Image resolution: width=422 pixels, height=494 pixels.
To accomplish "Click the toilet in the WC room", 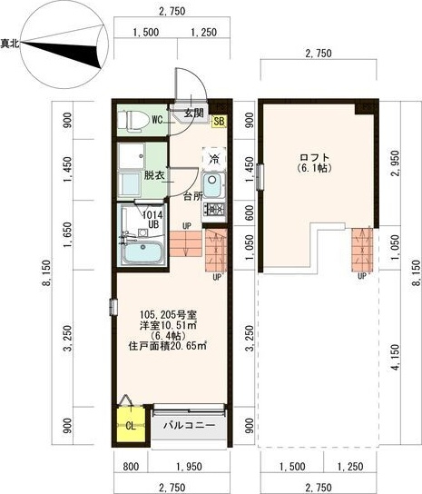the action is (x=133, y=120).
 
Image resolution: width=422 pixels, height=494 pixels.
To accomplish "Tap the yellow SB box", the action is (x=220, y=122).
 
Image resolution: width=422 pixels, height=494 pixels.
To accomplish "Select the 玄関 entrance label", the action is (x=194, y=113).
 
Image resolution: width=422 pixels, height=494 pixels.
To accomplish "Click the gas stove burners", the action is (x=214, y=209).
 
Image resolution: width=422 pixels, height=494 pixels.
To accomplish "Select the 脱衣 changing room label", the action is (x=154, y=175).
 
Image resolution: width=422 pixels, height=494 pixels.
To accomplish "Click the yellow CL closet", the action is (x=131, y=425).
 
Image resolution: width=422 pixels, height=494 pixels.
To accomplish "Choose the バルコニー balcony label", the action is (x=190, y=426).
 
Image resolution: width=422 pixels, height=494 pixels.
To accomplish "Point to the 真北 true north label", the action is (x=10, y=44).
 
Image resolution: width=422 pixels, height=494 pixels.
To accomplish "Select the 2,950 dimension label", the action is (x=396, y=163).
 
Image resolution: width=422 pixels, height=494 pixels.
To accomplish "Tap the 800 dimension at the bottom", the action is (x=131, y=466).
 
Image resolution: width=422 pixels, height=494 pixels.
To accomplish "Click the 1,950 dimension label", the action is (x=190, y=466).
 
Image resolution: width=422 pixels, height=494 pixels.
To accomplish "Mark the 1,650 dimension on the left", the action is (x=68, y=234).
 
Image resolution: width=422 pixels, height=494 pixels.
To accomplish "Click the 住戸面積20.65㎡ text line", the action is (x=168, y=346).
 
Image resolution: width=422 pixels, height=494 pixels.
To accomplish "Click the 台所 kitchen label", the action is (x=193, y=197).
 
